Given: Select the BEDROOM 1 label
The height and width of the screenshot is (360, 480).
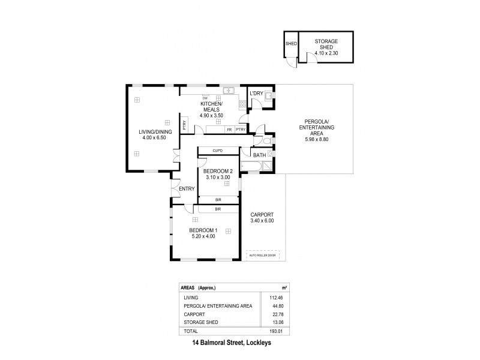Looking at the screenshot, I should (203, 230).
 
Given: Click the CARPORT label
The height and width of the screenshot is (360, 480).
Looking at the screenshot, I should (262, 214).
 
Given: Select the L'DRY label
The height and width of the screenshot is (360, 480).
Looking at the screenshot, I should (256, 93).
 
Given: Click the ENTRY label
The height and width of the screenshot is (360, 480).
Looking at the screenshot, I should (187, 189).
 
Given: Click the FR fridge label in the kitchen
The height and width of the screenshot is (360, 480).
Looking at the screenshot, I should (229, 129).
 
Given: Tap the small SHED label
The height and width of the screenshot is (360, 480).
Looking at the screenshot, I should (291, 43).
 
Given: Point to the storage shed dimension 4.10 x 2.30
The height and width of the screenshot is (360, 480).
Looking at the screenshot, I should (327, 53).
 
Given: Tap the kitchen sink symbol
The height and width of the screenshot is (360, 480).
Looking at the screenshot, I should (229, 91).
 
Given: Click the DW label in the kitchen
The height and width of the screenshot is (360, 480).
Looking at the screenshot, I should (205, 98).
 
